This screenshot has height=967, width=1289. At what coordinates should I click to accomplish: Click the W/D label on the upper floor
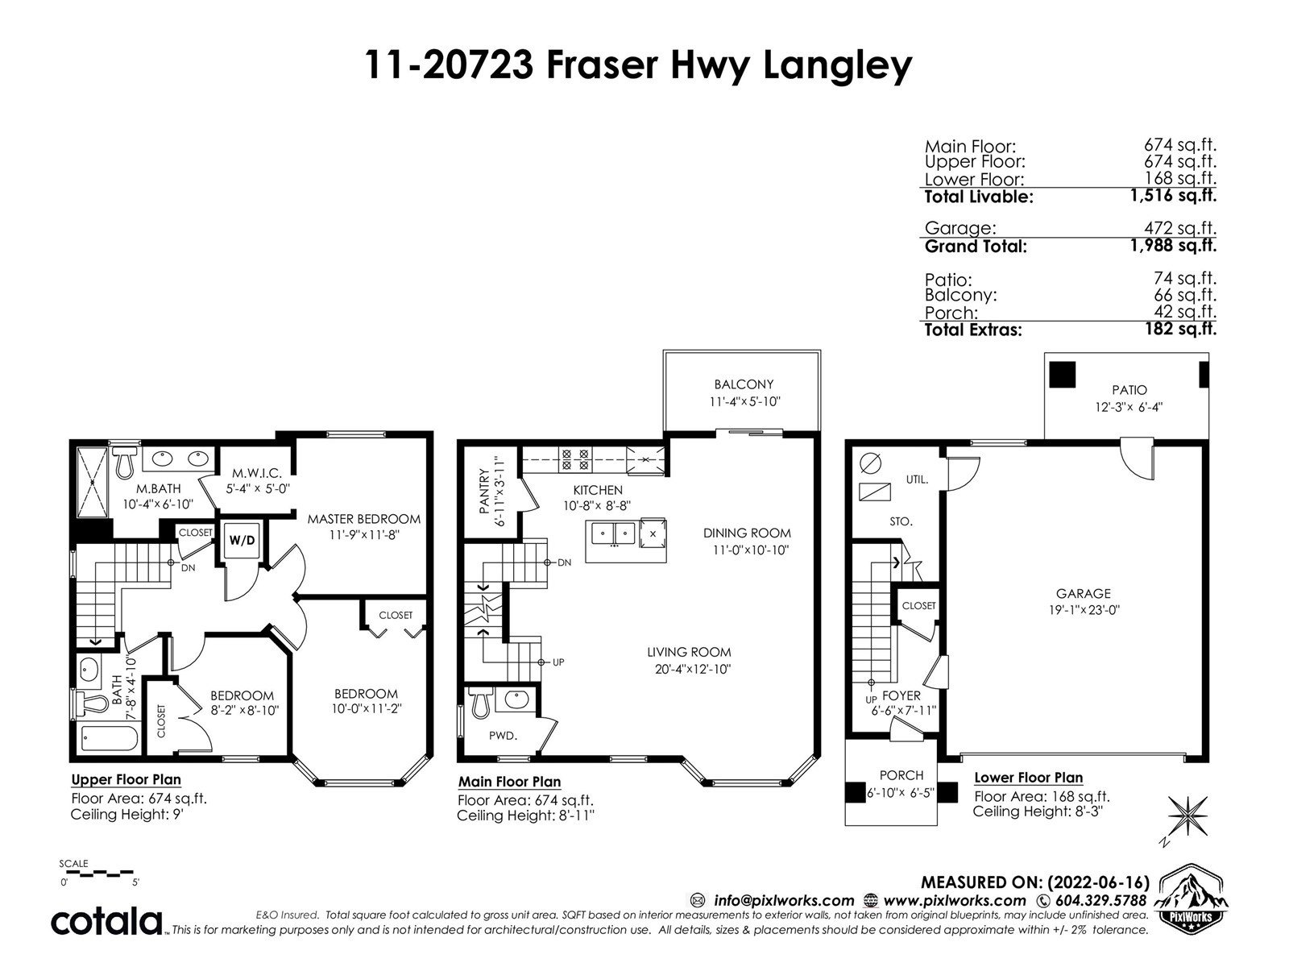(x=242, y=540)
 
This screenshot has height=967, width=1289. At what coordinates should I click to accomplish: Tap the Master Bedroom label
(x=364, y=519)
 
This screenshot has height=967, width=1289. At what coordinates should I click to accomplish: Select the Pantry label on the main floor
(x=484, y=491)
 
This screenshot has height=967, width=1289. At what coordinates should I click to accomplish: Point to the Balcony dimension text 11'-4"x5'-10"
(x=744, y=401)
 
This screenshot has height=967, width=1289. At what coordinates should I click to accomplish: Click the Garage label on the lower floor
(x=1084, y=594)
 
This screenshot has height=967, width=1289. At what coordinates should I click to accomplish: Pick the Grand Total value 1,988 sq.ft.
(x=1173, y=246)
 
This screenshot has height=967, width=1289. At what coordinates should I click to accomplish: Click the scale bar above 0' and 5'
(x=97, y=873)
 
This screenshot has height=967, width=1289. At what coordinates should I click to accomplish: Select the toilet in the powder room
(x=480, y=703)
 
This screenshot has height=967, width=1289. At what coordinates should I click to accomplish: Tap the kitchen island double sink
(x=614, y=533)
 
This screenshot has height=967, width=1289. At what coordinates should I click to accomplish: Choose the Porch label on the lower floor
(x=901, y=775)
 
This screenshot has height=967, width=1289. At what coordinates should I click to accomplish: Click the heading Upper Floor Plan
(x=126, y=779)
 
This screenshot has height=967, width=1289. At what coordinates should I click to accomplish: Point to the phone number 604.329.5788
(x=1100, y=900)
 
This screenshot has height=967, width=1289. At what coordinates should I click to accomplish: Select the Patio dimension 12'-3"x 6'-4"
(x=1129, y=407)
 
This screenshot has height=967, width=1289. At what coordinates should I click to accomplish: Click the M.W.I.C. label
(x=257, y=473)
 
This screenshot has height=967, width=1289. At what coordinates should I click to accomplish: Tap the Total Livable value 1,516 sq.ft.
(x=1173, y=195)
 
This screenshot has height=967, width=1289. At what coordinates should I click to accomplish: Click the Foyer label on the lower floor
(x=901, y=695)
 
